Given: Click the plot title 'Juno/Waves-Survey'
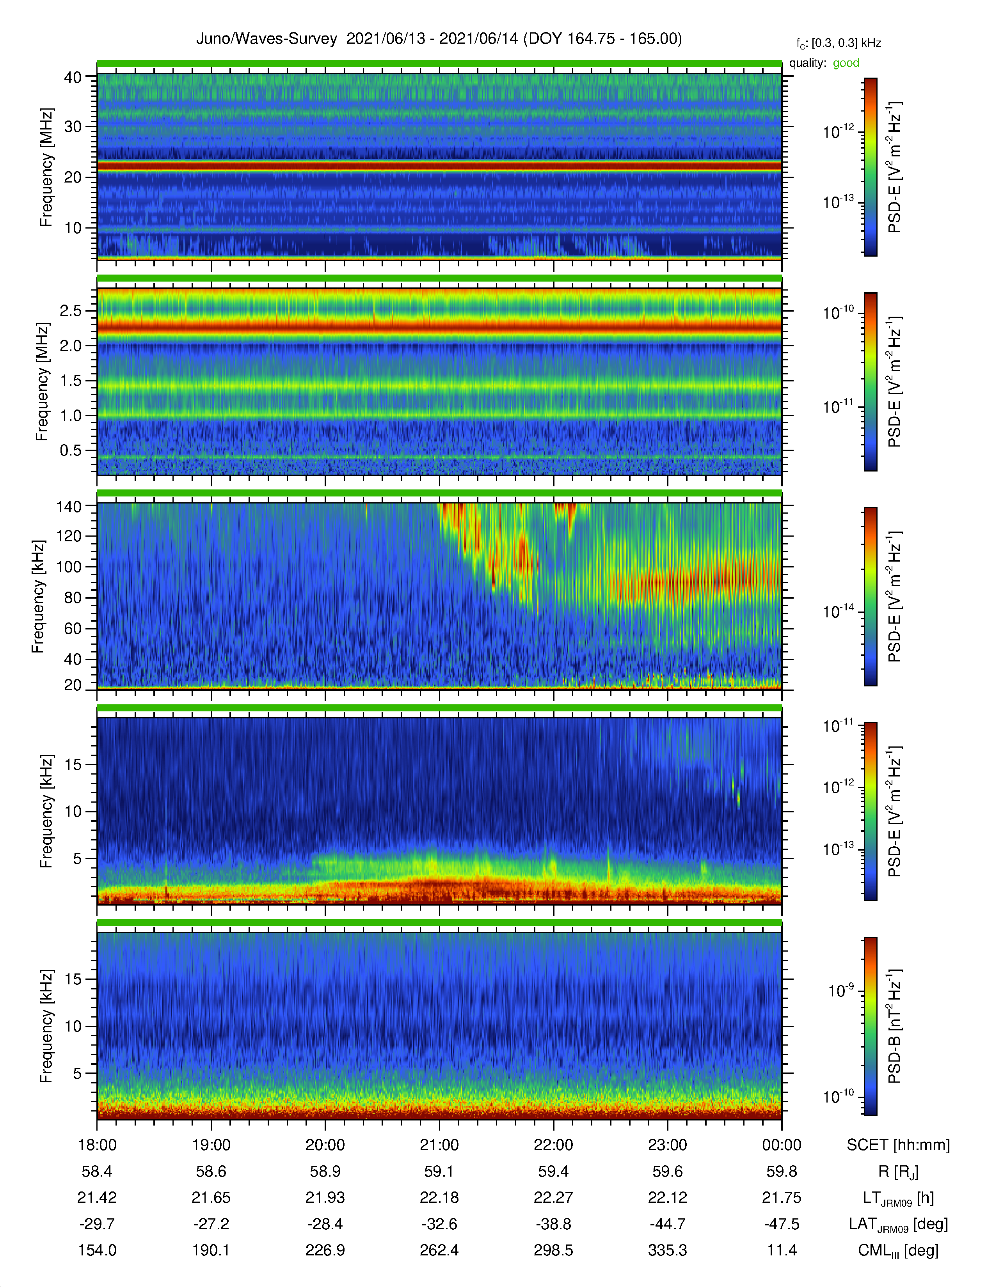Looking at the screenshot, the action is (267, 39).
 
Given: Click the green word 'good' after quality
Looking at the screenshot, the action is (846, 63).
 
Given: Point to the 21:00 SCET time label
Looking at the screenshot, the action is (439, 1145).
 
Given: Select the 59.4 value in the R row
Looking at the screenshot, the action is (554, 1172).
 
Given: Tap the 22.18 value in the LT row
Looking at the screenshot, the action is (439, 1197).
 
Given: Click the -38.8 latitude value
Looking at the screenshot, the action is (554, 1224).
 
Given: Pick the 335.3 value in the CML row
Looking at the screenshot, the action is (667, 1250).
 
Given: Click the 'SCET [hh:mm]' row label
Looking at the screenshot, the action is (898, 1145).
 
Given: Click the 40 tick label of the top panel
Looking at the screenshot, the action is (73, 77).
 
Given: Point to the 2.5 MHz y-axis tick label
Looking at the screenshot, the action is (71, 310).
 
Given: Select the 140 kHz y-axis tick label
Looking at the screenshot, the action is (69, 506).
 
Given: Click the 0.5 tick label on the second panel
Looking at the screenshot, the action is (71, 450).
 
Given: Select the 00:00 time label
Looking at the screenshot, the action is (782, 1145).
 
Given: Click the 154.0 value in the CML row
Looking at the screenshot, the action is (97, 1250).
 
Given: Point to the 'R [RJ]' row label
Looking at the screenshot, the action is (898, 1172).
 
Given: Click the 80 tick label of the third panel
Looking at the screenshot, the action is (73, 597).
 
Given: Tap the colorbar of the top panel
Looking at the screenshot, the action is (870, 167).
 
